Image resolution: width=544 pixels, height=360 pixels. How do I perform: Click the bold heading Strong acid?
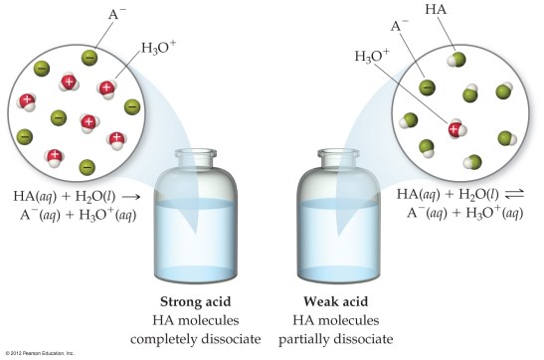pyautogui.click(x=205, y=301)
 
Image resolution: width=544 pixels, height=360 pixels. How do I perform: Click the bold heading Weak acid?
pyautogui.click(x=336, y=301)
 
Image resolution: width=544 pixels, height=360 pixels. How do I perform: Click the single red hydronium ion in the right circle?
pyautogui.click(x=454, y=128)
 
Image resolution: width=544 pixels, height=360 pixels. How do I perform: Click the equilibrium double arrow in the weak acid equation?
pyautogui.click(x=526, y=195)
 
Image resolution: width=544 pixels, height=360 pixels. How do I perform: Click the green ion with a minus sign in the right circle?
pyautogui.click(x=427, y=87)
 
